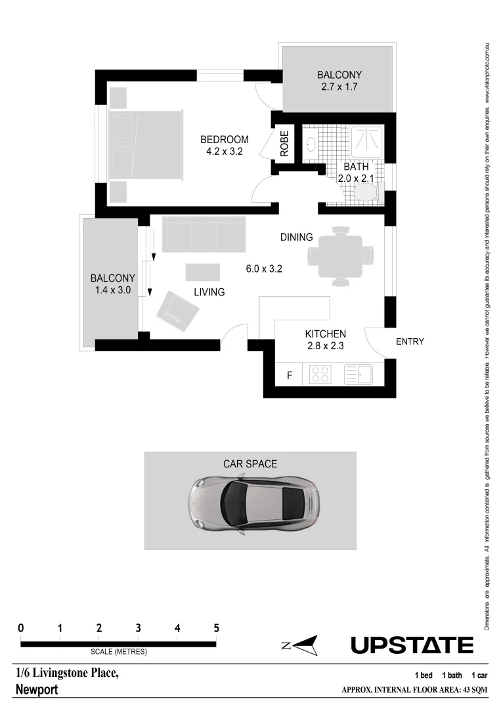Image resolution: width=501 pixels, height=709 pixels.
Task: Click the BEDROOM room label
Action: (x=225, y=139)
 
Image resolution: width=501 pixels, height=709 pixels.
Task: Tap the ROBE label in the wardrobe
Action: (x=284, y=143)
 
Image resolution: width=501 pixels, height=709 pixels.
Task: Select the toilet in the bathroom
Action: (x=366, y=192)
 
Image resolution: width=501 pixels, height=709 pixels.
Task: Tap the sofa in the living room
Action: (x=204, y=234)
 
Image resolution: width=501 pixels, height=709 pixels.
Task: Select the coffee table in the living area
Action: (x=204, y=272)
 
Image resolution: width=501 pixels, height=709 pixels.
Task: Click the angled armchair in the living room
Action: (x=177, y=309)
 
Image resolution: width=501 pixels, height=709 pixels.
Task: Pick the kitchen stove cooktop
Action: (x=320, y=375)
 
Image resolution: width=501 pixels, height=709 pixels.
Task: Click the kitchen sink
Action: (x=359, y=375)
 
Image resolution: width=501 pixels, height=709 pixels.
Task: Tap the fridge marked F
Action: (x=288, y=376)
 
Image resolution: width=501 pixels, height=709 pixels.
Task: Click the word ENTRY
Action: (x=410, y=341)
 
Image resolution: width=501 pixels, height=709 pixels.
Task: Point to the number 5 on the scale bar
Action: (x=216, y=628)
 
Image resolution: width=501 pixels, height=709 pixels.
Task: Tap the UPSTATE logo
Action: (x=412, y=645)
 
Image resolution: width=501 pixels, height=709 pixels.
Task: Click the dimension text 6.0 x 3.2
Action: (x=264, y=268)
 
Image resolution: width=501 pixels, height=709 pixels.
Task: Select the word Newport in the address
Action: (x=37, y=690)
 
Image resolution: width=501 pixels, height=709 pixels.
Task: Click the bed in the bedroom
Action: (x=146, y=145)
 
